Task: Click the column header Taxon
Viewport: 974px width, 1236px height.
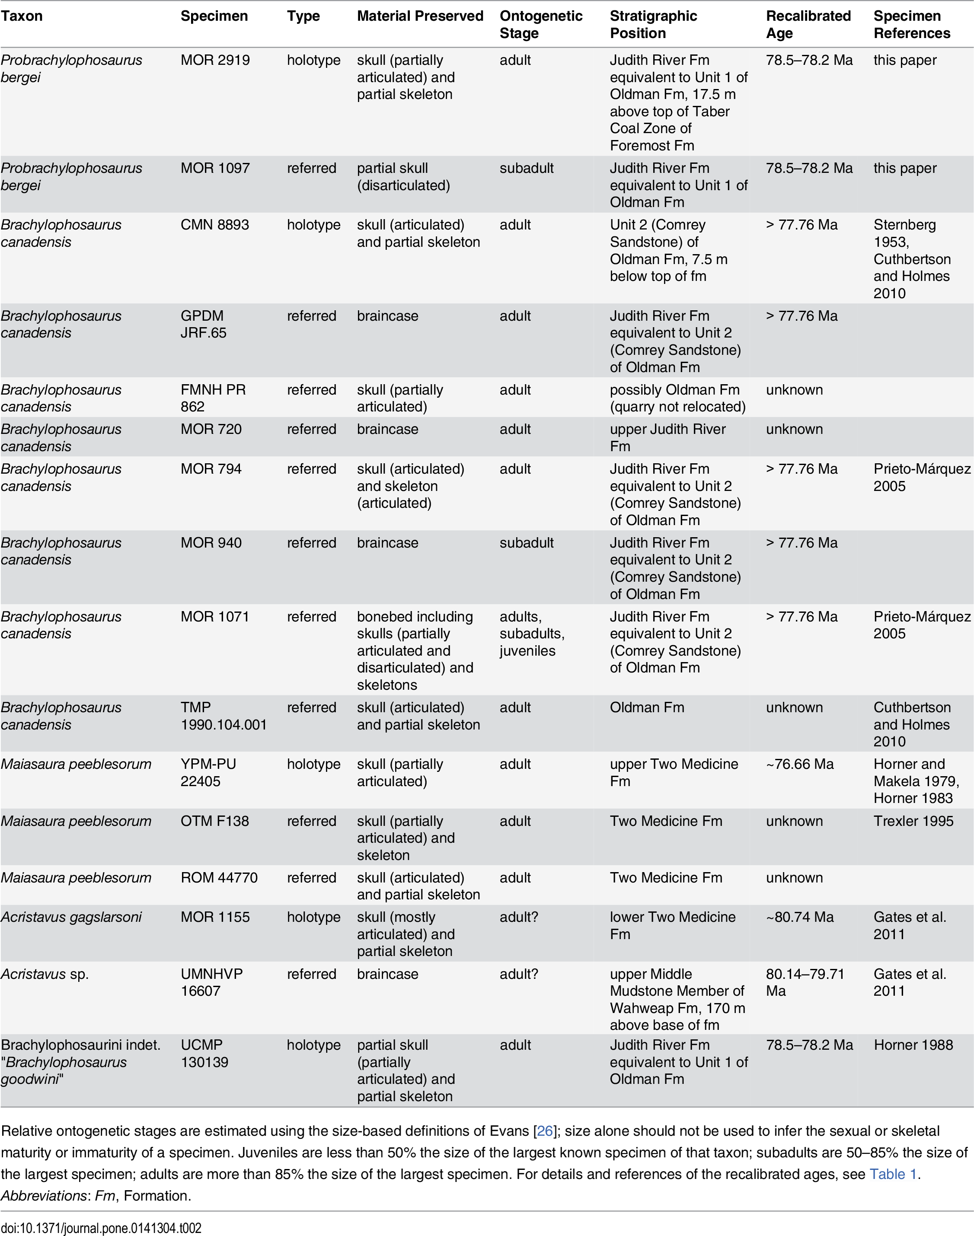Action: [x=22, y=16]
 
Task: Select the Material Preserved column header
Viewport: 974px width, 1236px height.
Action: [x=420, y=16]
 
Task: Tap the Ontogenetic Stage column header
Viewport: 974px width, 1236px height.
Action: [x=540, y=25]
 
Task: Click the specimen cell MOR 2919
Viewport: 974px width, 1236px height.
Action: [x=215, y=60]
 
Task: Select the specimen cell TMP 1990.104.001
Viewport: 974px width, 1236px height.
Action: [x=224, y=716]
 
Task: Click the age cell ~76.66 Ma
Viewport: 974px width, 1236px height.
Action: [x=799, y=764]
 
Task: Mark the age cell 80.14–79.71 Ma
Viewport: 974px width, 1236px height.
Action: [x=805, y=982]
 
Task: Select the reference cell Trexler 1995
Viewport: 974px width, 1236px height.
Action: [x=913, y=821]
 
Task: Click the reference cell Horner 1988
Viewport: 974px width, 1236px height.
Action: [x=913, y=1045]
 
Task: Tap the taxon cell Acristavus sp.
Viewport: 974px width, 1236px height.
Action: [x=45, y=974]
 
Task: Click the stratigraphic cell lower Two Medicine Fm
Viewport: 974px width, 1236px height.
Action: [x=672, y=925]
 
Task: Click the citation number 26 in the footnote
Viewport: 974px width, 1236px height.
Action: [x=545, y=1131]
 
